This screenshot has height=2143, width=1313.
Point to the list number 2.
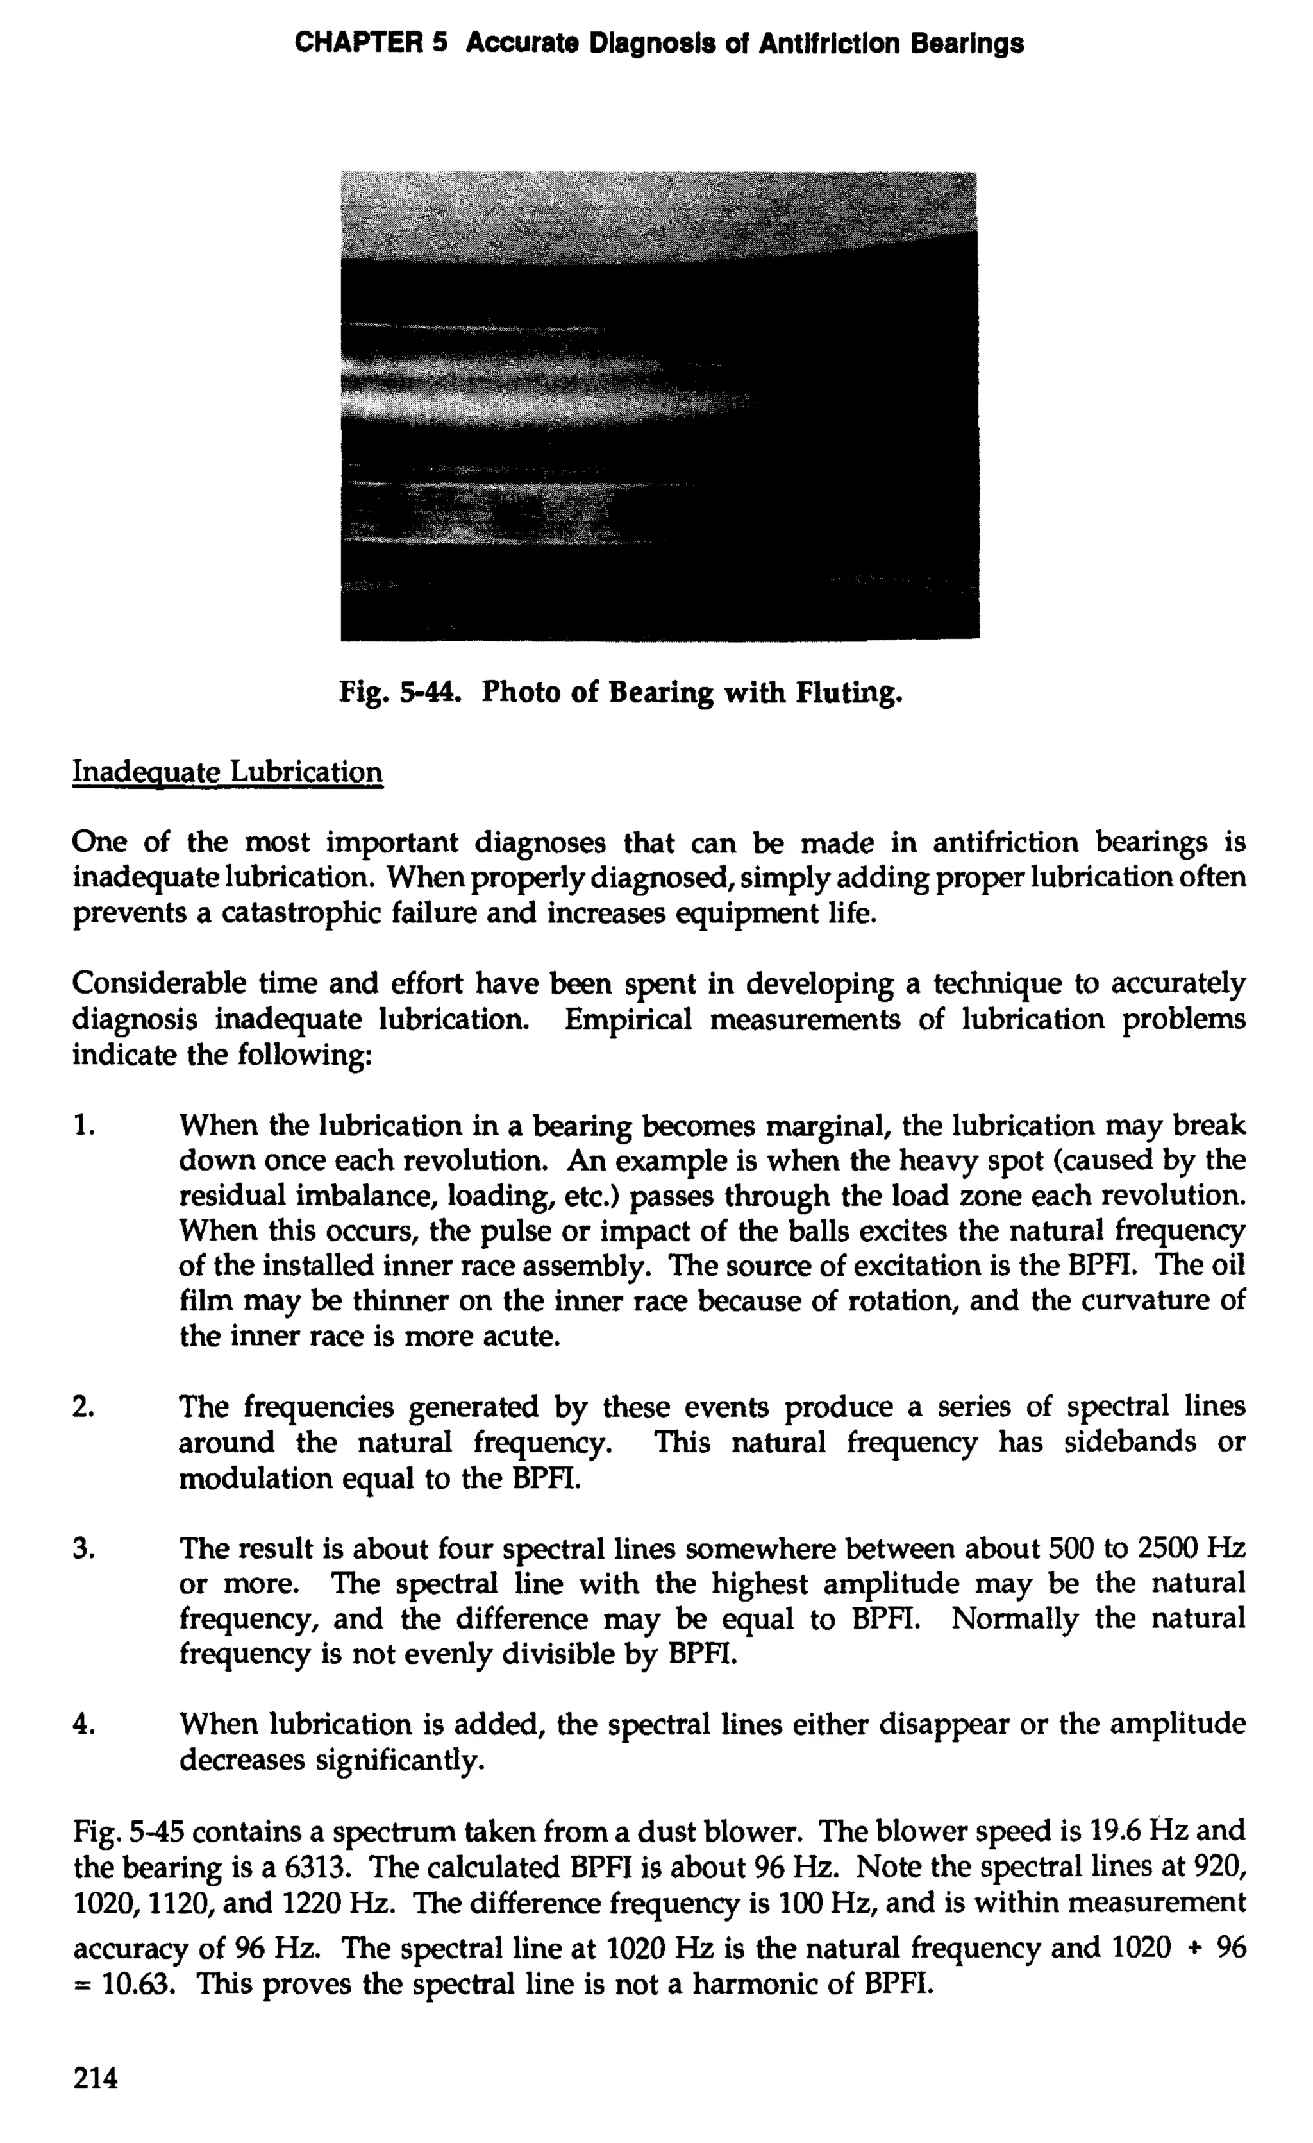83,1407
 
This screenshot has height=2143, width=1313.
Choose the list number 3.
83,1548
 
